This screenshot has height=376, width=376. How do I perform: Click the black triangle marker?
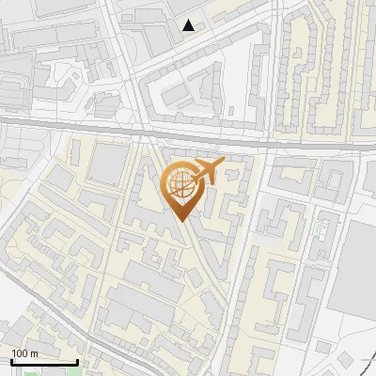click(x=190, y=25)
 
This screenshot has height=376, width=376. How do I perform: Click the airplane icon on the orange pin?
click(x=207, y=170)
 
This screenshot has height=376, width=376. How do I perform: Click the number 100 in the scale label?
click(x=19, y=352)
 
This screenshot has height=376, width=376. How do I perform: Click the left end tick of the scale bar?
click(x=11, y=360)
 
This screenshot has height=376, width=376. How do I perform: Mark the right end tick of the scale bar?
click(x=76, y=360)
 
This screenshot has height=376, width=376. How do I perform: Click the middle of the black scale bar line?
click(x=43, y=361)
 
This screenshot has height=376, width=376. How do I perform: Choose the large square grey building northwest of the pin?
click(x=109, y=164)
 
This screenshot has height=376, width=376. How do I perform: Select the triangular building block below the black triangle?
click(x=188, y=89)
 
